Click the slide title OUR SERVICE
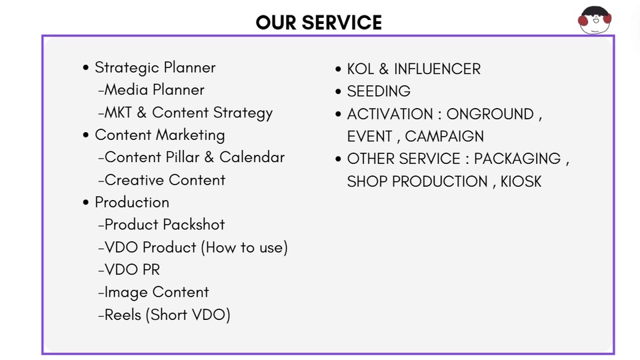tap(319, 23)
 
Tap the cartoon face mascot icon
tap(595, 19)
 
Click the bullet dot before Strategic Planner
tap(85, 68)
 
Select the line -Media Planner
tap(151, 90)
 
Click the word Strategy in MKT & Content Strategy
tap(243, 113)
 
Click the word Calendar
tap(252, 157)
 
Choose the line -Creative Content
tap(161, 180)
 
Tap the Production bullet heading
tap(132, 203)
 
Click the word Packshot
tap(194, 225)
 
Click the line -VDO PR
tap(129, 270)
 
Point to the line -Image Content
tap(153, 293)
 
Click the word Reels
tap(123, 315)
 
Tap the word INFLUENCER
tap(437, 69)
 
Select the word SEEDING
tap(379, 91)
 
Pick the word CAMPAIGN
tap(444, 136)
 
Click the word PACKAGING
tap(517, 159)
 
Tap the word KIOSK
tap(521, 181)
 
